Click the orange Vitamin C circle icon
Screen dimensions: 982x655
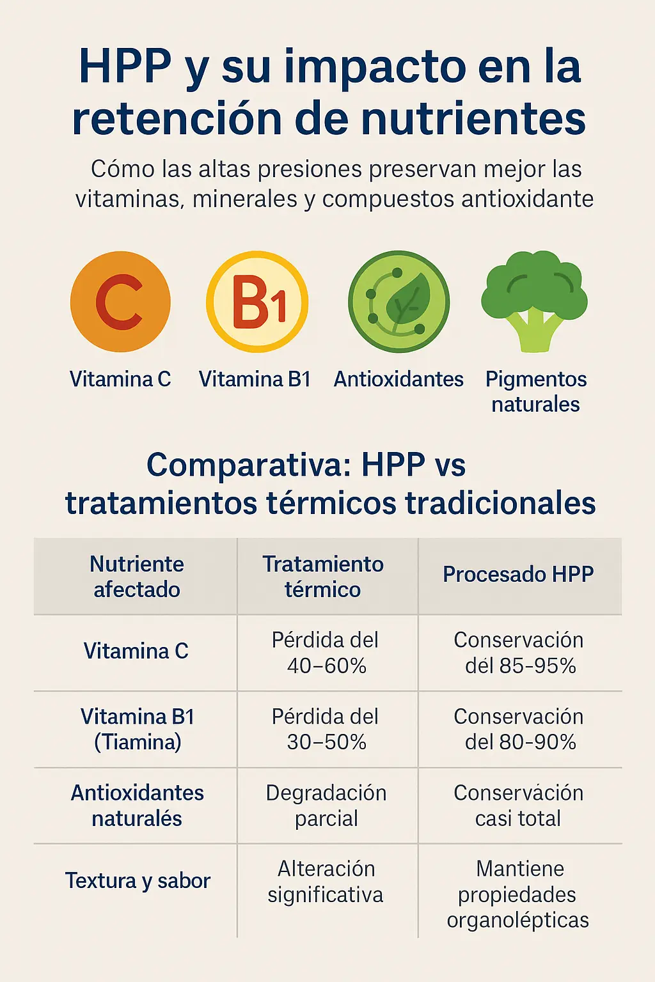click(120, 302)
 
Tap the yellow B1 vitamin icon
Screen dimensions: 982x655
click(257, 302)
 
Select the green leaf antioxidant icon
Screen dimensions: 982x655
click(399, 302)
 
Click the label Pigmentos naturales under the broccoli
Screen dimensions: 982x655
click(535, 391)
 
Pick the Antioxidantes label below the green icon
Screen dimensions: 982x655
click(399, 379)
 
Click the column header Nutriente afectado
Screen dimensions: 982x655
click(136, 577)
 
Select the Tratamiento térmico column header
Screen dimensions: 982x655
click(323, 577)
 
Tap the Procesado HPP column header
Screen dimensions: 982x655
click(518, 574)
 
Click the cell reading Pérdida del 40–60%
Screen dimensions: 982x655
click(326, 653)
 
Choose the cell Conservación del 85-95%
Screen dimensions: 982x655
click(519, 653)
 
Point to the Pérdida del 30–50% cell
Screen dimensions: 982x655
click(326, 729)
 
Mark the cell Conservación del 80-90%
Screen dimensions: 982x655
click(519, 729)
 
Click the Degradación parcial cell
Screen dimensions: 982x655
click(326, 806)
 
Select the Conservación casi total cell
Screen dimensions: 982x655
click(519, 806)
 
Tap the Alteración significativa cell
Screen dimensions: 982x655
click(326, 882)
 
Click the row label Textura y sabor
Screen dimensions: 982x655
click(138, 881)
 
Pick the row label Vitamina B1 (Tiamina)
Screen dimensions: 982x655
click(138, 729)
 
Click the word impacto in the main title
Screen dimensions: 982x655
click(375, 67)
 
